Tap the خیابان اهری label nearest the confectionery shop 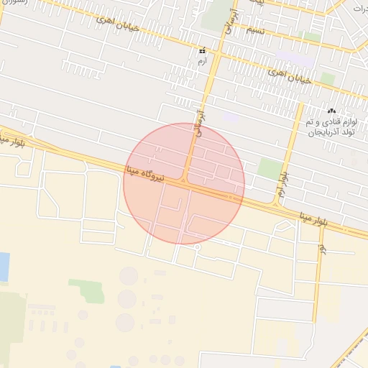pyautogui.click(x=290, y=76)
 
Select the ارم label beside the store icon pyautogui.click(x=202, y=63)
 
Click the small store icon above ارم pyautogui.click(x=202, y=52)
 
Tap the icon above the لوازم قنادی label pyautogui.click(x=331, y=111)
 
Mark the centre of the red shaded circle pyautogui.click(x=184, y=183)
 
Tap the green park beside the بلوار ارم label pyautogui.click(x=269, y=169)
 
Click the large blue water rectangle pyautogui.click(x=4, y=267)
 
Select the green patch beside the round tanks pyautogui.click(x=87, y=290)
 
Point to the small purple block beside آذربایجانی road pyautogui.click(x=230, y=116)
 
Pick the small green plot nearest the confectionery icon pyautogui.click(x=328, y=78)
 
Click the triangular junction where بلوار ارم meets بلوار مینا pyautogui.click(x=275, y=203)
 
